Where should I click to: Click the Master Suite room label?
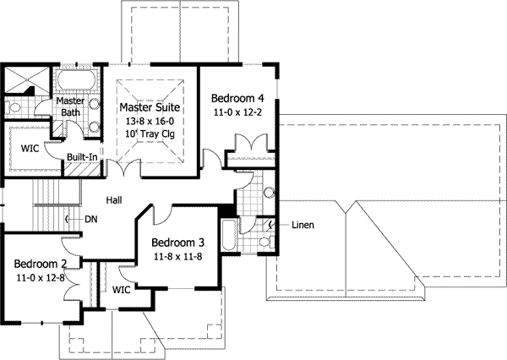tap(150, 107)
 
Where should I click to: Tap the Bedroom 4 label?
tap(237, 98)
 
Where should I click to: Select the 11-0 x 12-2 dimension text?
tap(237, 112)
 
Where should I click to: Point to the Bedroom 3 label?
tap(177, 243)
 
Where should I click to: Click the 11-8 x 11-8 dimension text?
tap(177, 257)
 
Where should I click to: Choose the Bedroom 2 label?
tap(41, 264)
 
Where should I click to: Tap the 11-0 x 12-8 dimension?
tap(41, 278)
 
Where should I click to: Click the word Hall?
tap(114, 200)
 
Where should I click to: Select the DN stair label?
tap(91, 220)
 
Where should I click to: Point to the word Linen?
tap(303, 225)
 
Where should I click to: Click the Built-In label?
tap(82, 157)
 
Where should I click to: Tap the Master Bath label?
tap(70, 106)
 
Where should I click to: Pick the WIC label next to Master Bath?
tap(30, 149)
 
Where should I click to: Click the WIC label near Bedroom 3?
tap(121, 290)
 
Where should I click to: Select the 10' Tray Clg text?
tap(150, 134)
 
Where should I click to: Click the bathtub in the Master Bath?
tap(76, 79)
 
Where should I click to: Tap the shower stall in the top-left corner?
tap(26, 80)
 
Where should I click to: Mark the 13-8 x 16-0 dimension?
tap(150, 122)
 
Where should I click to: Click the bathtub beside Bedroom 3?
tap(229, 235)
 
